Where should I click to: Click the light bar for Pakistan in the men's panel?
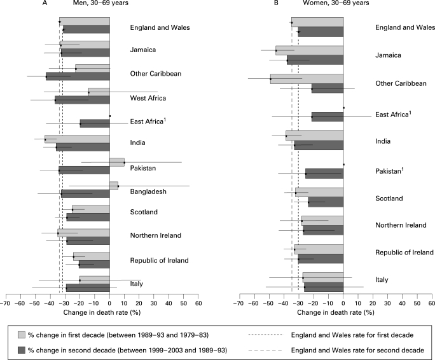(117, 162)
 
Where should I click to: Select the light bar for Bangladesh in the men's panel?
(114, 186)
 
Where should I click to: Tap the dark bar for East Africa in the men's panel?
(95, 123)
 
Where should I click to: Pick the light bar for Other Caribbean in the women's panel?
(307, 80)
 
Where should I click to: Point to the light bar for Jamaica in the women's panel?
(309, 50)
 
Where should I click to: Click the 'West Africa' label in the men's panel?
(148, 98)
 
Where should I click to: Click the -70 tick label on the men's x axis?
(6, 303)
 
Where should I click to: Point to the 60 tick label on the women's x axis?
(431, 303)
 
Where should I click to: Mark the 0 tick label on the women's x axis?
(343, 303)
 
